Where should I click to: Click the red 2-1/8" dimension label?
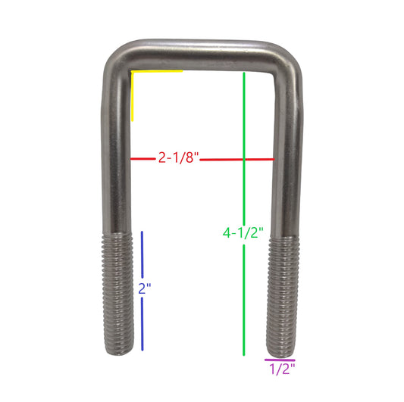[x=179, y=157]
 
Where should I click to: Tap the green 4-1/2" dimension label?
[x=243, y=233]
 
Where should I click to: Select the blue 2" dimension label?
[x=145, y=288]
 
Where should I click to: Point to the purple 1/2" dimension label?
[x=282, y=369]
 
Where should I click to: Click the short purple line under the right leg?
[x=280, y=360]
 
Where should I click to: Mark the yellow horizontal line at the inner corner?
[x=157, y=70]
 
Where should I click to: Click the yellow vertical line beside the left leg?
[x=133, y=96]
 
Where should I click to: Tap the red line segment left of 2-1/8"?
[x=143, y=159]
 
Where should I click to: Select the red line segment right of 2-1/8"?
[x=237, y=160]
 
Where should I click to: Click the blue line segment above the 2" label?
[x=142, y=255]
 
